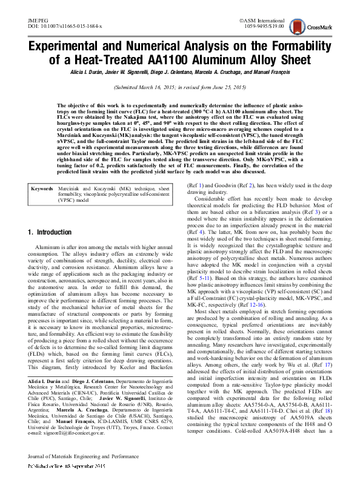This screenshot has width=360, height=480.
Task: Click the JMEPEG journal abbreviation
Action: pyautogui.click(x=38, y=21)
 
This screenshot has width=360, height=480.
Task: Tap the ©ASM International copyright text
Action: pyautogui.click(x=261, y=21)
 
